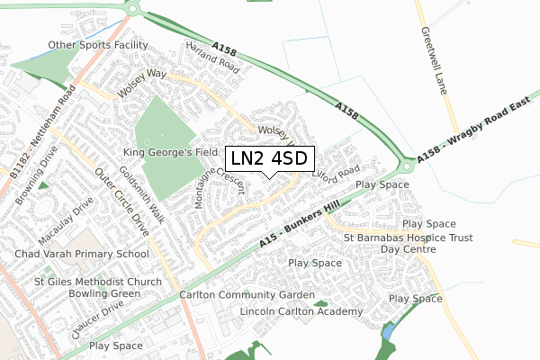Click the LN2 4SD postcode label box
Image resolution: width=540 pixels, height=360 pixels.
[269, 158]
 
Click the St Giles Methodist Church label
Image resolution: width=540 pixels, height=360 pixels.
[85, 281]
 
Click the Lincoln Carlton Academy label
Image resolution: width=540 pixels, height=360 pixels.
[301, 311]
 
